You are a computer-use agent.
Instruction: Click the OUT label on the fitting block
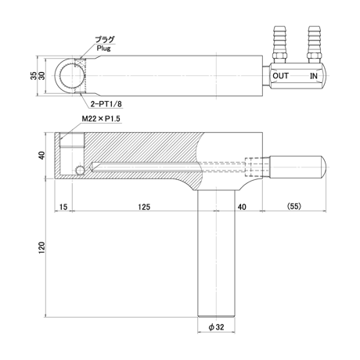[280, 76]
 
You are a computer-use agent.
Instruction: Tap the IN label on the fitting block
[314, 76]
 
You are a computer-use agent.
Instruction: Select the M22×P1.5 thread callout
[101, 119]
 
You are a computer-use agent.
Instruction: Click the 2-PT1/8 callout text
[106, 104]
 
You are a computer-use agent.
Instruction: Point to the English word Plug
[103, 49]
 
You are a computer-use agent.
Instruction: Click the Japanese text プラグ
[105, 40]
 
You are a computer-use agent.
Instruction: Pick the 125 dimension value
[144, 207]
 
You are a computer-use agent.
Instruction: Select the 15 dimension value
[63, 207]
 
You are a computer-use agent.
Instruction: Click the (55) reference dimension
[294, 207]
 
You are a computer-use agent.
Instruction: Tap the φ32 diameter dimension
[216, 327]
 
